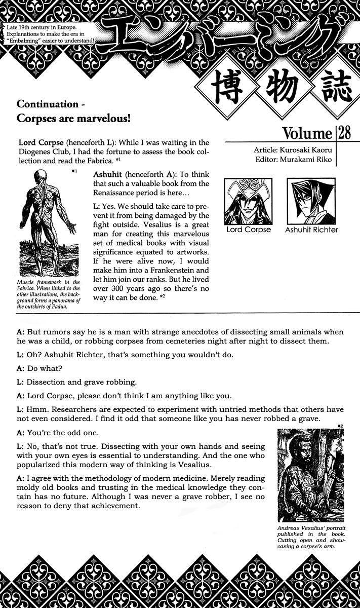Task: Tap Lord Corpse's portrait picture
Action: (x=248, y=202)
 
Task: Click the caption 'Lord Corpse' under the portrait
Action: (x=248, y=230)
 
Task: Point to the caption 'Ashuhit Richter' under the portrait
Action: (x=312, y=230)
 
